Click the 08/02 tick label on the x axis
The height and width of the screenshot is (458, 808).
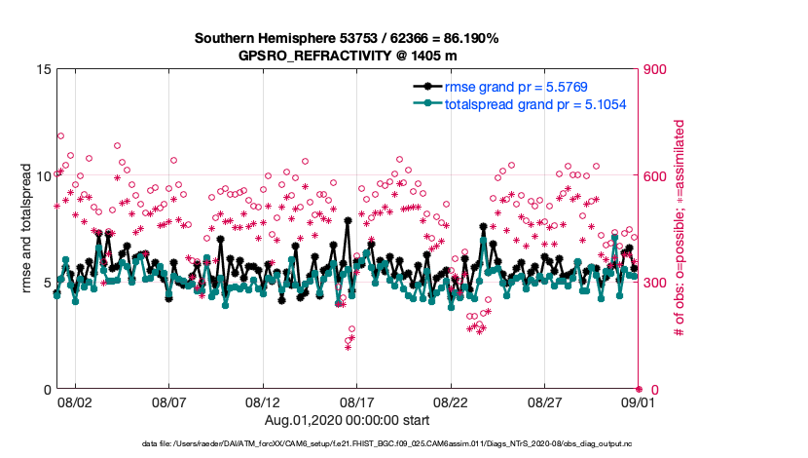[75, 401]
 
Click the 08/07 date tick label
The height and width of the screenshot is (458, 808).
[169, 401]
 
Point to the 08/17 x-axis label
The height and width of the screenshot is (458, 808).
[357, 401]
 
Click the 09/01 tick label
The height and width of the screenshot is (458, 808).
[638, 401]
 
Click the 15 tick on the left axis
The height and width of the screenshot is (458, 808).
[44, 69]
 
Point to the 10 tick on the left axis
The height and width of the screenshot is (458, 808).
[44, 176]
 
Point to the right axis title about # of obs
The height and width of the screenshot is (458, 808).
[680, 229]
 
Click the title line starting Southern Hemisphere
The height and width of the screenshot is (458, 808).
[347, 38]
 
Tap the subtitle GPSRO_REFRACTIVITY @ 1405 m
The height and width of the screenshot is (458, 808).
[347, 56]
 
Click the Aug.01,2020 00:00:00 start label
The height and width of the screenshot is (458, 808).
[348, 420]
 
